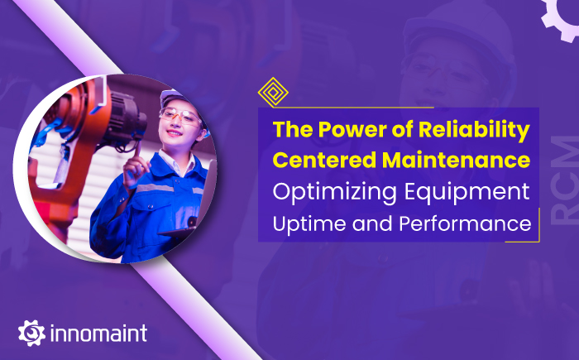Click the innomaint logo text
[98, 334]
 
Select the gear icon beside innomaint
[30, 333]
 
